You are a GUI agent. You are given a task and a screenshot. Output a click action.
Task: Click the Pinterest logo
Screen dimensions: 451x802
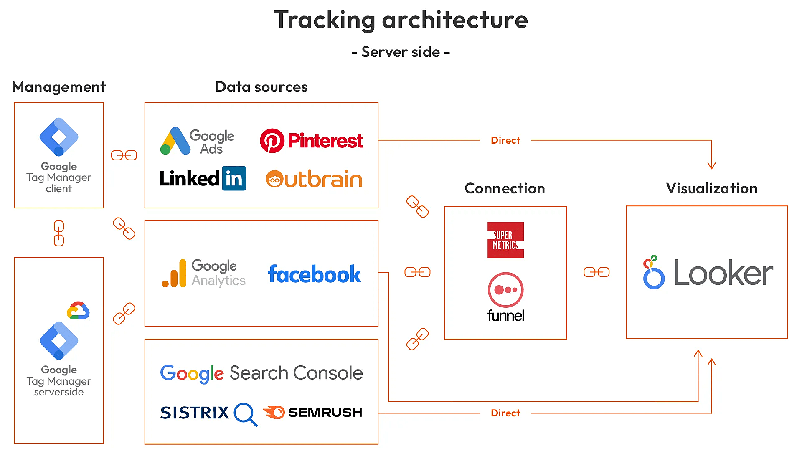coord(311,141)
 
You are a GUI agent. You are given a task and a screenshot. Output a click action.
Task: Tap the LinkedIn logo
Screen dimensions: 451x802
coord(203,179)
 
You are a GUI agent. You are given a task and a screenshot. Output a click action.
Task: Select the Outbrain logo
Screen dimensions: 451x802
coord(314,179)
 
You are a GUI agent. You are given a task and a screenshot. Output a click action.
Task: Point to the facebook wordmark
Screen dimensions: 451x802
coord(314,274)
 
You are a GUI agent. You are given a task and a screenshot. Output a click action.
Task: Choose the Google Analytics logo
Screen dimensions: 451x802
coord(203,273)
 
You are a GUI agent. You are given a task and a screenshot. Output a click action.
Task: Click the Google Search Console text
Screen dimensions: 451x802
coord(261,373)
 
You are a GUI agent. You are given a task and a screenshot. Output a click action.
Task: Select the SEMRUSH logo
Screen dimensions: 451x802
coord(312,413)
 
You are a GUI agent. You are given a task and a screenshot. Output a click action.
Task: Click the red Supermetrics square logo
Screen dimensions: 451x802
coord(505,240)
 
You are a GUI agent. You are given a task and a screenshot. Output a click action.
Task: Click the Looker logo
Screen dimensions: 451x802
coord(708,273)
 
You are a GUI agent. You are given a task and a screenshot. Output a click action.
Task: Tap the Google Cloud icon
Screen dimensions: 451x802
coord(78,311)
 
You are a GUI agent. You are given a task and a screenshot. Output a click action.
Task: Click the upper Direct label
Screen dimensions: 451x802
coord(505,140)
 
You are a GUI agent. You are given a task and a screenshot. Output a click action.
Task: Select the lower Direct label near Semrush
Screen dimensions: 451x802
coord(505,413)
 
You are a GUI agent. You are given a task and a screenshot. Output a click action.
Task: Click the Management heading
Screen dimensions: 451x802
coord(59,87)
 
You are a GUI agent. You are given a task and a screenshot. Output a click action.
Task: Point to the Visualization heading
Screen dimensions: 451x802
coord(711,188)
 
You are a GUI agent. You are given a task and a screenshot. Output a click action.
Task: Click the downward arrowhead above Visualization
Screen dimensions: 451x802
coord(711,165)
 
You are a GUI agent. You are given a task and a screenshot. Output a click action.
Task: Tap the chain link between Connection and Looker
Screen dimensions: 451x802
coord(596,272)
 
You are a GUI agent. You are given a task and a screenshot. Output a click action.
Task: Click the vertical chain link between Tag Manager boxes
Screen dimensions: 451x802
coord(59,233)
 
